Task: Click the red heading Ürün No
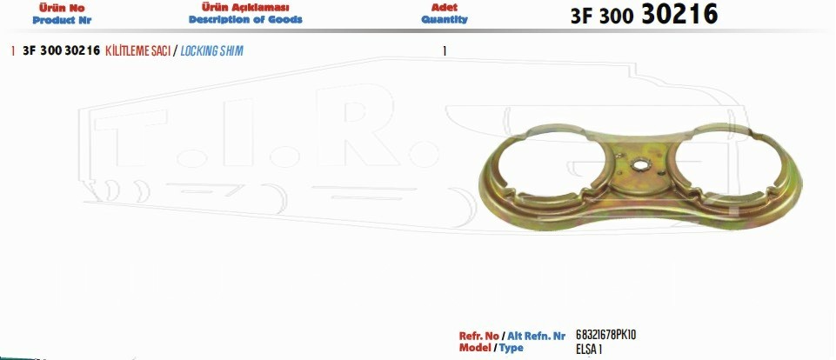tap(62, 8)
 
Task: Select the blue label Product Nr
tap(62, 20)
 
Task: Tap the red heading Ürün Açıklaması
tap(245, 8)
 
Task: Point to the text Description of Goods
tap(245, 20)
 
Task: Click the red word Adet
tap(445, 8)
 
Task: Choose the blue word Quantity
tap(445, 20)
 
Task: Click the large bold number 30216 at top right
tap(679, 15)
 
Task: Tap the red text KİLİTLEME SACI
tap(138, 51)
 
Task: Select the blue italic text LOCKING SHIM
tap(211, 51)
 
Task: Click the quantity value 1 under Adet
tap(445, 51)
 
